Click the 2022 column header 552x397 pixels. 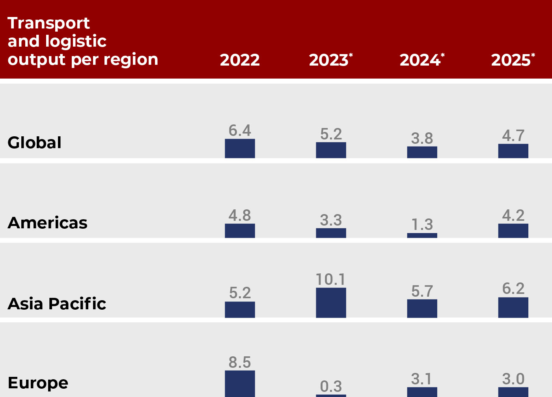[240, 60]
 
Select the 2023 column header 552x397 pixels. [329, 60]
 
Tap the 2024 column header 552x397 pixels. [420, 60]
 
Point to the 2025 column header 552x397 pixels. [511, 60]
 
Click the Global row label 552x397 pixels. [35, 143]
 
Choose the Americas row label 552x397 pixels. [48, 223]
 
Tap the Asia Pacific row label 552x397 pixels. [57, 304]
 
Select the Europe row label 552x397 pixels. [38, 383]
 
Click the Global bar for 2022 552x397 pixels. [240, 149]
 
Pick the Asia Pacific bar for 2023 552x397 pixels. [331, 303]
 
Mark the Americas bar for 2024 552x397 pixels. [422, 235]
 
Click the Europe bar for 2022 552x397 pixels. [240, 384]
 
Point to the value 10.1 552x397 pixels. [331, 280]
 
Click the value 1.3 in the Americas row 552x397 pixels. [422, 225]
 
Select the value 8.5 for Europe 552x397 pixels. [240, 362]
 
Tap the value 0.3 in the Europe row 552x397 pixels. [331, 386]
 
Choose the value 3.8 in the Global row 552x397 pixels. [422, 139]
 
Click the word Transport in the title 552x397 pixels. [49, 23]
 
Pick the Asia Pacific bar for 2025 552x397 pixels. [513, 307]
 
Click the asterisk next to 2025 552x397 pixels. [533, 55]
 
